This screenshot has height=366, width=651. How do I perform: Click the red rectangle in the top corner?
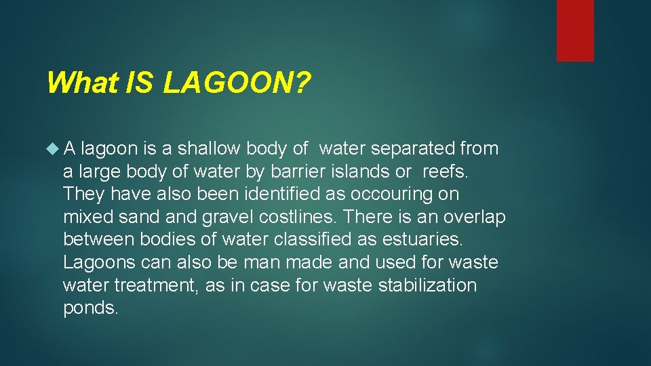[575, 30]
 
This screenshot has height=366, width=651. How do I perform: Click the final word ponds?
[90, 308]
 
